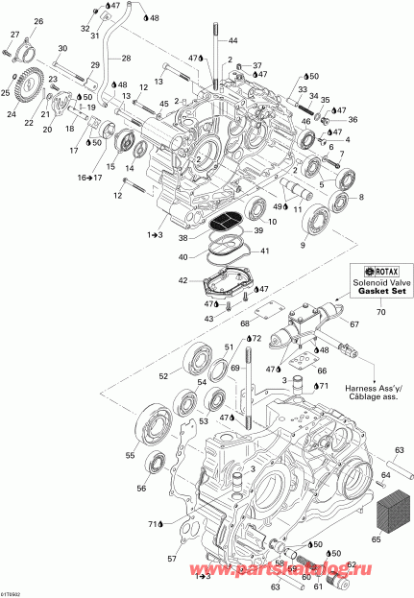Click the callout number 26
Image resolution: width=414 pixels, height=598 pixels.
click(39, 21)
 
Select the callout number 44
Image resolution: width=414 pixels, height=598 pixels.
click(232, 42)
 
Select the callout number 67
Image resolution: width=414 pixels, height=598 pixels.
click(353, 324)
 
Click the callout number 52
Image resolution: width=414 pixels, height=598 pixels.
click(164, 376)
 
